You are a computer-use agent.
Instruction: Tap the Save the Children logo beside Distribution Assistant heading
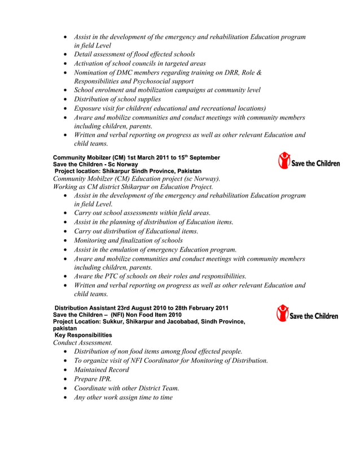point(308,313)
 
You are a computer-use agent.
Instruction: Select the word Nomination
point(94,72)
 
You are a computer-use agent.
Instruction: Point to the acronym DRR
point(227,72)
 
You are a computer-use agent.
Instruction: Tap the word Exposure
point(90,108)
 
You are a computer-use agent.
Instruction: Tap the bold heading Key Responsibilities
point(83,335)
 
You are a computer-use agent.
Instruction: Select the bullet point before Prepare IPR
point(67,379)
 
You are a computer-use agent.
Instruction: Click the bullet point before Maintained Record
point(67,370)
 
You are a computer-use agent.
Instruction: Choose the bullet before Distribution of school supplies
point(67,99)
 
